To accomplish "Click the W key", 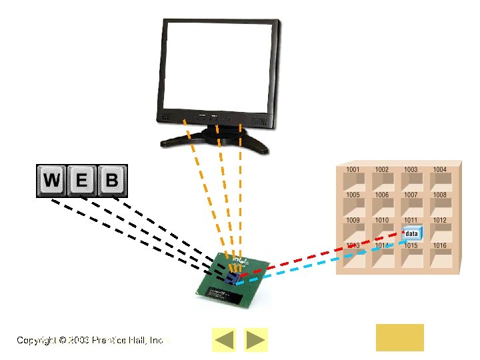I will [52, 180].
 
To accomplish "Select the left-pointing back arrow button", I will [224, 340].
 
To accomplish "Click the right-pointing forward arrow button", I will [256, 340].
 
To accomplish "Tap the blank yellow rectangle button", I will [399, 337].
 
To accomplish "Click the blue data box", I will [412, 233].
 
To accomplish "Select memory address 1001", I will [353, 170].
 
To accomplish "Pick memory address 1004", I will [439, 170].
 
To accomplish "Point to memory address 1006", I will [381, 195].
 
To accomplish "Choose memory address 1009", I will [353, 221].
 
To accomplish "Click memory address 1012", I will [439, 221].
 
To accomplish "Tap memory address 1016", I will [439, 246].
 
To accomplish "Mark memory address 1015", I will [411, 246].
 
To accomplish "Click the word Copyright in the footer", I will [37, 340].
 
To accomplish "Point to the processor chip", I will [230, 281].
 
